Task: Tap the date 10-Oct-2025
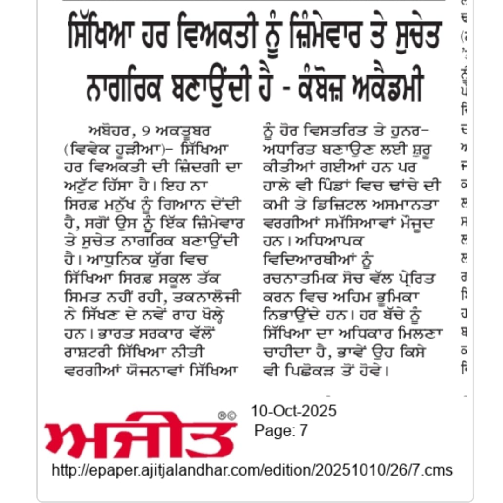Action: click(293, 411)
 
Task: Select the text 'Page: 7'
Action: click(281, 431)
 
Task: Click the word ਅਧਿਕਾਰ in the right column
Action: click(358, 334)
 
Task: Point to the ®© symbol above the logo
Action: click(227, 415)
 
